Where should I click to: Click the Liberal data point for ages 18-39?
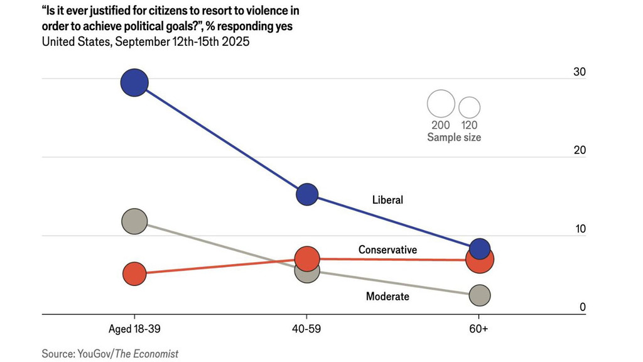(x=134, y=82)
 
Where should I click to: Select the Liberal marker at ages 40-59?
(x=307, y=195)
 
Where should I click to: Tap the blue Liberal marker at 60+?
(x=480, y=249)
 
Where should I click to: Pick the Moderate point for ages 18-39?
(x=134, y=221)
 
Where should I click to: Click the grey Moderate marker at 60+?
(x=480, y=295)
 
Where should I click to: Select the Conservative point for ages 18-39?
(x=134, y=273)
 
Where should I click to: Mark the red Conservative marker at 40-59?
(x=307, y=258)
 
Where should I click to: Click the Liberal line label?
(x=387, y=200)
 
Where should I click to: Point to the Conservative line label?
(x=387, y=250)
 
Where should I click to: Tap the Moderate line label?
(x=387, y=296)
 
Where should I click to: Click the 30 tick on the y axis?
(x=580, y=72)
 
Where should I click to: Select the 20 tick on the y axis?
(x=580, y=150)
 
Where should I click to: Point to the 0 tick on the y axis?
(x=582, y=307)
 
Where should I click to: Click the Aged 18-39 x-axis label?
(x=134, y=329)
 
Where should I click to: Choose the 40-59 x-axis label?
(x=306, y=329)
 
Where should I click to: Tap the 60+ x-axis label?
(x=479, y=329)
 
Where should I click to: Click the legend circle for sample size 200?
(x=441, y=104)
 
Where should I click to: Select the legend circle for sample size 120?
(x=469, y=107)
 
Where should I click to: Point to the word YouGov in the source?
(x=94, y=354)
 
